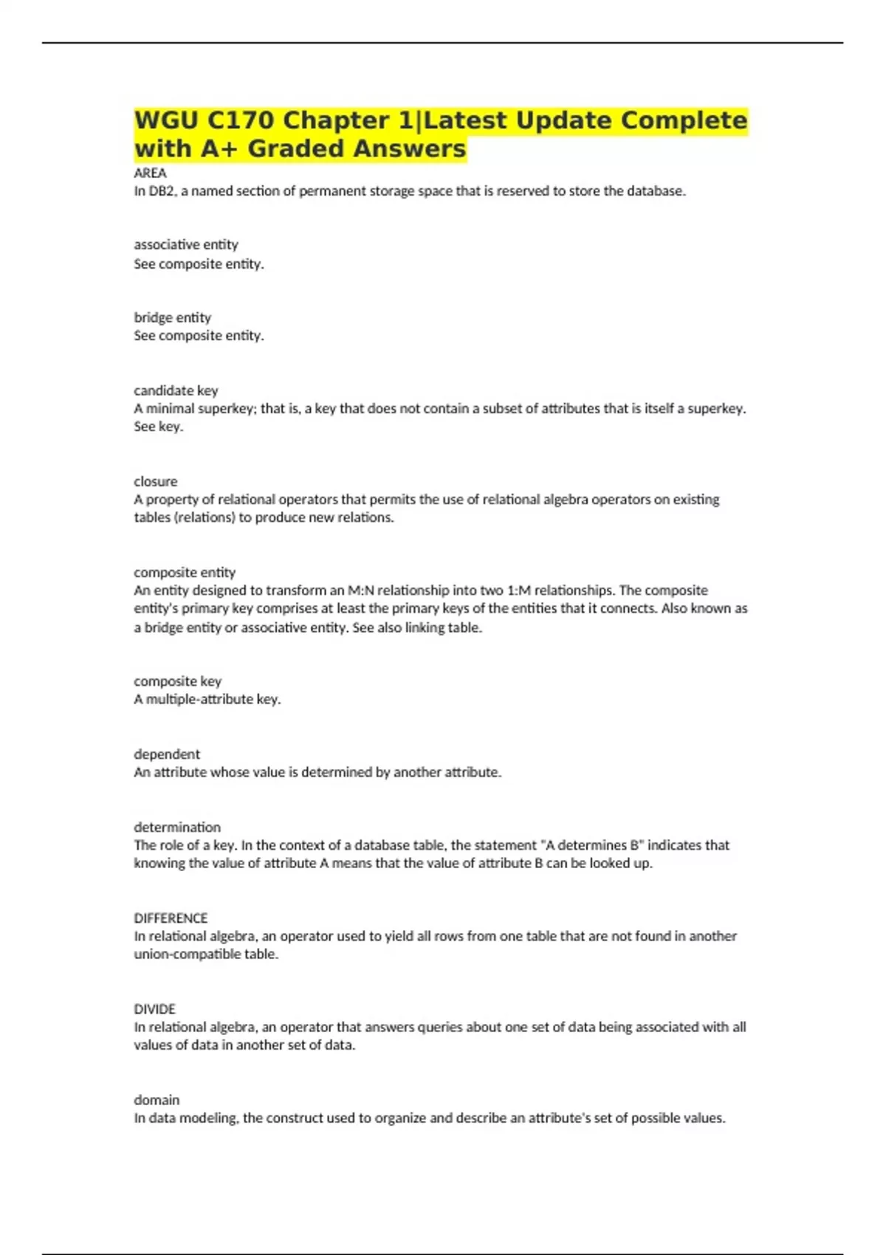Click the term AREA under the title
coord(150,173)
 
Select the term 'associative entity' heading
coord(186,244)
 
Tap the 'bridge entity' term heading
coord(172,317)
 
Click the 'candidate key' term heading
coord(176,390)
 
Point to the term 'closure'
coord(155,481)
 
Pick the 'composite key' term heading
coord(177,681)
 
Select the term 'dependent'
coord(167,754)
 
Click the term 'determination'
coord(177,827)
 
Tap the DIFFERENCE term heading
coord(171,918)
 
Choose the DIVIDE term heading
coord(154,1008)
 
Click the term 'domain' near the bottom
coord(157,1100)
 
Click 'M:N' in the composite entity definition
coord(361,591)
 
